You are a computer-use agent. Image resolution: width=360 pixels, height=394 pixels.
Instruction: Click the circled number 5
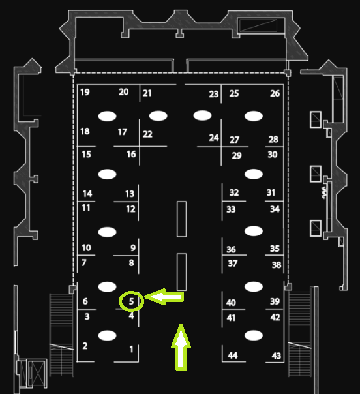(x=131, y=301)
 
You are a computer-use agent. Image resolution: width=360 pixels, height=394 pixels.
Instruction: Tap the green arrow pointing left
(x=164, y=297)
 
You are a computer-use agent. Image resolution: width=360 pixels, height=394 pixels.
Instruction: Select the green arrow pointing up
(x=181, y=347)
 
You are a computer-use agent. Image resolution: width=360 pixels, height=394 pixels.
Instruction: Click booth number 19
(x=85, y=92)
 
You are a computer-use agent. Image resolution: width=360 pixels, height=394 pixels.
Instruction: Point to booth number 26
(x=275, y=93)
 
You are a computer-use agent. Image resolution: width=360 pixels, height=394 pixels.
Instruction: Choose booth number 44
(x=233, y=356)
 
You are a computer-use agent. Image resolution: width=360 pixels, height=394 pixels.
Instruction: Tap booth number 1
(x=131, y=349)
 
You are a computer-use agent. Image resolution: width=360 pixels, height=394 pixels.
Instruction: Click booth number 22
(x=147, y=134)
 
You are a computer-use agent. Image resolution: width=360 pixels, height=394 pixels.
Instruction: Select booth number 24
(x=214, y=138)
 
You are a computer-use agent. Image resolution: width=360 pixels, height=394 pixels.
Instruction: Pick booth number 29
(x=237, y=155)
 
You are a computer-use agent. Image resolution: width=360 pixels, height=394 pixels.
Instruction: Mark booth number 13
(x=130, y=194)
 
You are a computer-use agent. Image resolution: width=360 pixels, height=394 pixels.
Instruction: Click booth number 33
(x=231, y=209)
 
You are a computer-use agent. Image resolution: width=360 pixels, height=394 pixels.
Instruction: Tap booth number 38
(x=277, y=265)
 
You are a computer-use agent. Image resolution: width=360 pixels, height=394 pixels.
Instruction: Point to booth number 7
(x=84, y=263)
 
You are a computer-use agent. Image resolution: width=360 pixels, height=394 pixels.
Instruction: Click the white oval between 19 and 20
(x=107, y=116)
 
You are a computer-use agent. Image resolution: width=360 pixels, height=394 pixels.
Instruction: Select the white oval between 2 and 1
(x=107, y=335)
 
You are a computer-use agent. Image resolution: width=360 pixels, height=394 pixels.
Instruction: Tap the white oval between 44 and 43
(x=254, y=335)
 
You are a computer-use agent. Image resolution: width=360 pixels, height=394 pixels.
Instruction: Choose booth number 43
(x=276, y=356)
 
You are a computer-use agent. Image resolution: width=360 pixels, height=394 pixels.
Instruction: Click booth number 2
(x=85, y=346)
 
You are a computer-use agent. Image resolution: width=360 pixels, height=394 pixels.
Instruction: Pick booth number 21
(x=147, y=93)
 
